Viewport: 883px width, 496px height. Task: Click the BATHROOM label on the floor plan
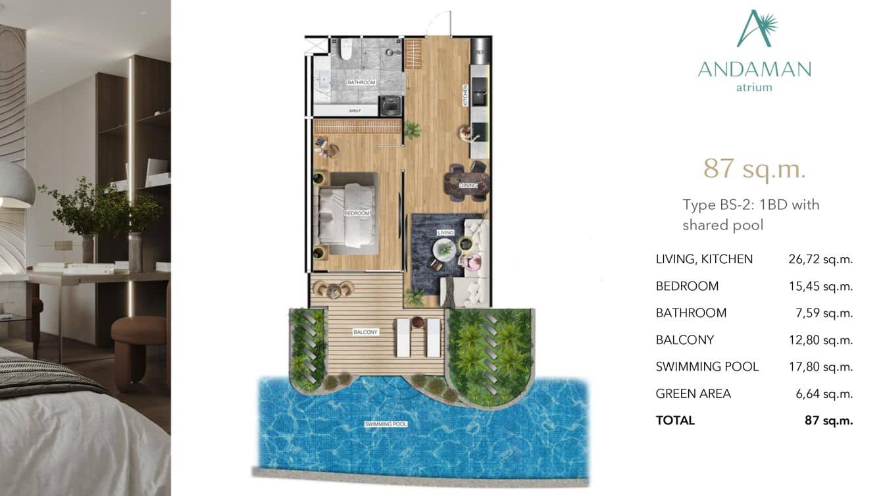point(361,82)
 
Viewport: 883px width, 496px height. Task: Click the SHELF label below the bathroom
point(355,111)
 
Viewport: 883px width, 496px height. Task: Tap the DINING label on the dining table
point(468,186)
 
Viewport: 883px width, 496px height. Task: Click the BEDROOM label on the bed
point(357,213)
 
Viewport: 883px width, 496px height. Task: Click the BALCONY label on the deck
point(365,332)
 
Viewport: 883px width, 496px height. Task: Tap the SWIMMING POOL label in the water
point(386,424)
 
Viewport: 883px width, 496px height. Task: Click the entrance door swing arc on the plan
point(437,23)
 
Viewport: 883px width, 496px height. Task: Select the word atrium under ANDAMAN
point(754,87)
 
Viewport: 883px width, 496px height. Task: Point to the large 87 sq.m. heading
point(754,168)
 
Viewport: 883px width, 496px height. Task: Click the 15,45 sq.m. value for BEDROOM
point(820,286)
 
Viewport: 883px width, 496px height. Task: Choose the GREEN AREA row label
point(693,393)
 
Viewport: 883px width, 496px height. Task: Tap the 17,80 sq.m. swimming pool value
point(820,366)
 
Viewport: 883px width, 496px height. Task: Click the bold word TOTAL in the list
point(675,420)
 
